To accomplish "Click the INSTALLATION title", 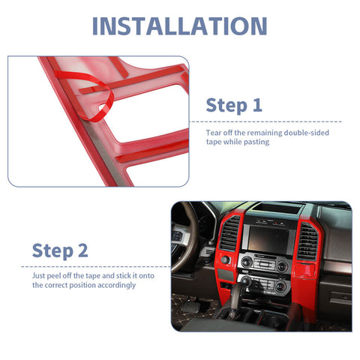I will (179, 25).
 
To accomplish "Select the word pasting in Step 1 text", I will (258, 142).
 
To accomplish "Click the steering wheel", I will (187, 240).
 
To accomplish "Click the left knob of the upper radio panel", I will (246, 262).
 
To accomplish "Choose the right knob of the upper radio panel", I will (283, 266).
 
